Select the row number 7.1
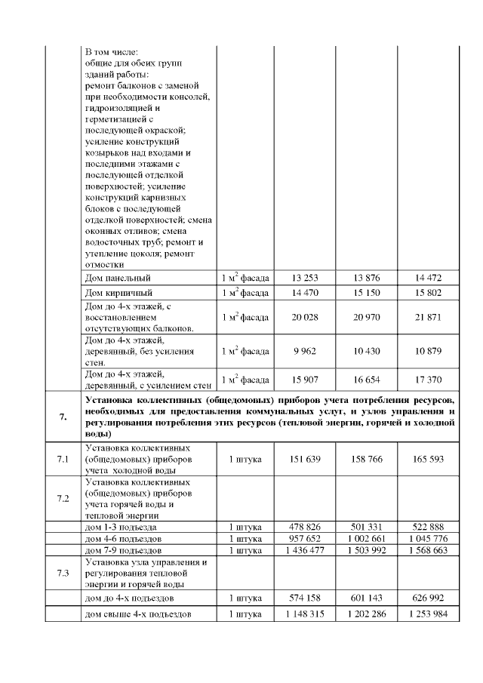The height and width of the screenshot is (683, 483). (63, 458)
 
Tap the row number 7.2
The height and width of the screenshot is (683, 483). (63, 499)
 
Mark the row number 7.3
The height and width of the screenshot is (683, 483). (63, 573)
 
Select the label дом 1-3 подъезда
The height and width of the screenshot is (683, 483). (122, 526)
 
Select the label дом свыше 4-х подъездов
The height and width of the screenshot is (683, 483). (137, 614)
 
